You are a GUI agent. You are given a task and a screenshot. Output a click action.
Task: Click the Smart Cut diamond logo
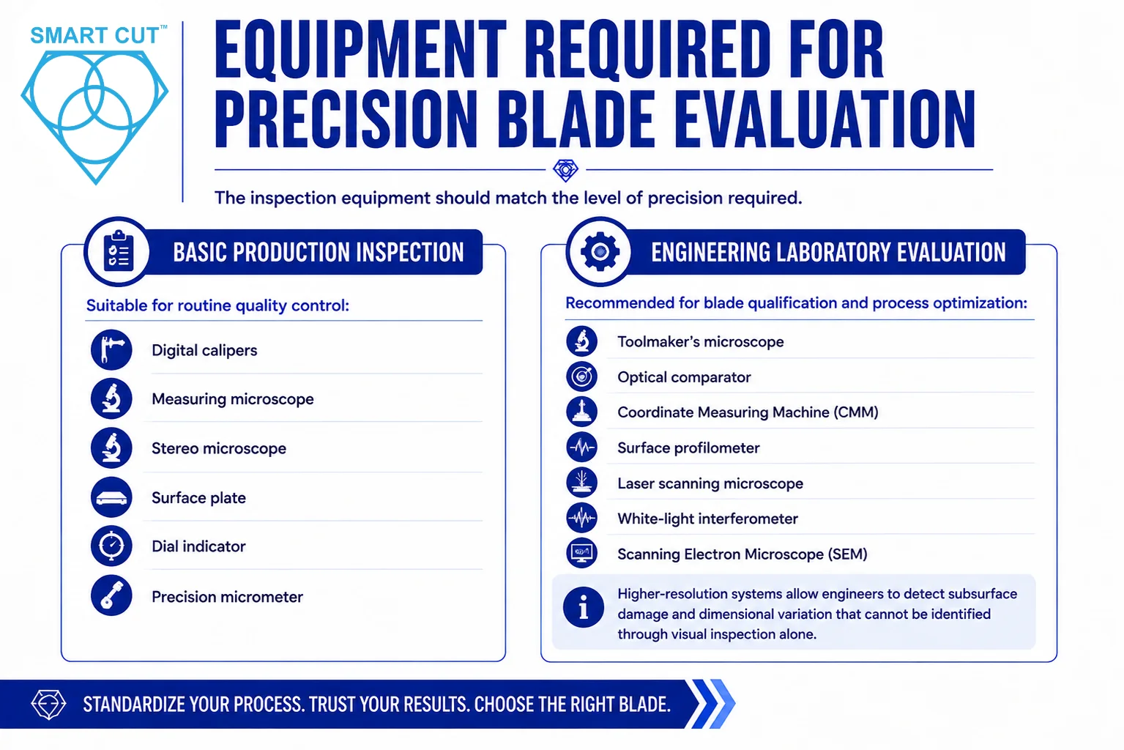(x=94, y=116)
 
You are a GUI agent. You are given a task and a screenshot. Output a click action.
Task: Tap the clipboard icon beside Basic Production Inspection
(x=119, y=251)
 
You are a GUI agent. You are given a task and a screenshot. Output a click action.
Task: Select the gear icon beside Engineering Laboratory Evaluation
(x=600, y=251)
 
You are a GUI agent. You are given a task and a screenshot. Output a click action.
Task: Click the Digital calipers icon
(x=111, y=350)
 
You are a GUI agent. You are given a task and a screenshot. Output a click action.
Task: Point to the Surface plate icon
(x=111, y=497)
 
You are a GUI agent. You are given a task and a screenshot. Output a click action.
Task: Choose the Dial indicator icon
(x=111, y=546)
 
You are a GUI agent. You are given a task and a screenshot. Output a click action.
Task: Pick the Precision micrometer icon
(x=111, y=596)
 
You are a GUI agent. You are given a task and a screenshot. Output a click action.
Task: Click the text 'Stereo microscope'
(x=219, y=448)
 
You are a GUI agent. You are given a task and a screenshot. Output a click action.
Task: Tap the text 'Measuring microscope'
(x=233, y=399)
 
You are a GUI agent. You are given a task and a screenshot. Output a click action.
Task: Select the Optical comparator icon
(x=581, y=376)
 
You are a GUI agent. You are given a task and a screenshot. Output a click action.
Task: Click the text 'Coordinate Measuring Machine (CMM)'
(x=748, y=412)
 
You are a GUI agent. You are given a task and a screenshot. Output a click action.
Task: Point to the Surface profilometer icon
(x=581, y=447)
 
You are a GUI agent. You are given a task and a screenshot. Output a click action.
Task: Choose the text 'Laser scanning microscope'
(x=710, y=483)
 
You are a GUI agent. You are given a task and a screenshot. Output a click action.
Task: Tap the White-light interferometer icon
(x=581, y=518)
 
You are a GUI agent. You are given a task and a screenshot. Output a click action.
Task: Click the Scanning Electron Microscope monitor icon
(x=581, y=553)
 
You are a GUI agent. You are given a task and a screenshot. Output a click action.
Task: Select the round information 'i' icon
(x=583, y=607)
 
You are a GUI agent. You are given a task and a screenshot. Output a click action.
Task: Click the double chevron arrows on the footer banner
(x=713, y=704)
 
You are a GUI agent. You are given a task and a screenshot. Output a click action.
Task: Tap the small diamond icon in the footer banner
(x=48, y=705)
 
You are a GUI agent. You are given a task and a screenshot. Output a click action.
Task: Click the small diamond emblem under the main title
(x=565, y=170)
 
